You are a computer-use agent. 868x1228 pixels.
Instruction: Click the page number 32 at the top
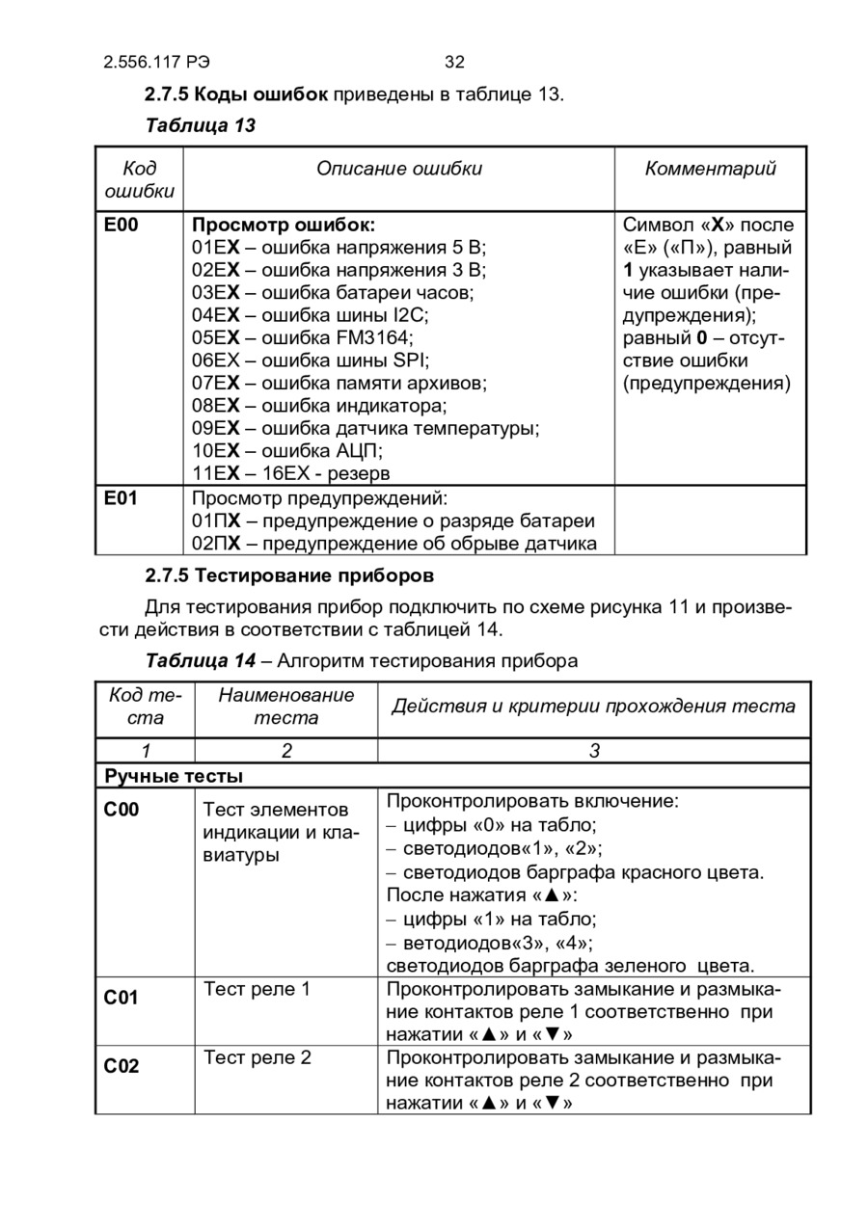point(454,63)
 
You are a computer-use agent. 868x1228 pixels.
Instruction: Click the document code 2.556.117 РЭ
point(156,63)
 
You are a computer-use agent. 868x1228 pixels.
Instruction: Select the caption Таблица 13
point(200,125)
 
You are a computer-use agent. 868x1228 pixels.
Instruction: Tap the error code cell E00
point(122,226)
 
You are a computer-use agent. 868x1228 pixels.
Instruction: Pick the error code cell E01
point(122,498)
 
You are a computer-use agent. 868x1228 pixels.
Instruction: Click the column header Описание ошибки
point(399,170)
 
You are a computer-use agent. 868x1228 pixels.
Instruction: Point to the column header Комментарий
point(711,170)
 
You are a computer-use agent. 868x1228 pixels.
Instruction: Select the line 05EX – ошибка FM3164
point(303,337)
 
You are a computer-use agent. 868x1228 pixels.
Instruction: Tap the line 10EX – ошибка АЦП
point(288,450)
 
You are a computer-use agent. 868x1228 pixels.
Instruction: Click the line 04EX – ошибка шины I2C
point(311,315)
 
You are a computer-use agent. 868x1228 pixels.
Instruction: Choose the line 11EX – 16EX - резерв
point(291,473)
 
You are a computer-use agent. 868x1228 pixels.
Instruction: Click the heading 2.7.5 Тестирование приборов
point(289,576)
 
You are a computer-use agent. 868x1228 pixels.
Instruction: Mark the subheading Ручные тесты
point(174,776)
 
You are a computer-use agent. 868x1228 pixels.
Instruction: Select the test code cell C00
point(122,810)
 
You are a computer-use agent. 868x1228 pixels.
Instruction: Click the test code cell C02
point(122,1066)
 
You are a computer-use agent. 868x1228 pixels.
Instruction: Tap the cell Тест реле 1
point(258,989)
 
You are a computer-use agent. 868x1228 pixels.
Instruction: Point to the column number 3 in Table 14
point(594,751)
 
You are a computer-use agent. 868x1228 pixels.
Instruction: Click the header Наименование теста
point(285,707)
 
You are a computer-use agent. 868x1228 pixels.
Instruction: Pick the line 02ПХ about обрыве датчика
point(393,544)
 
